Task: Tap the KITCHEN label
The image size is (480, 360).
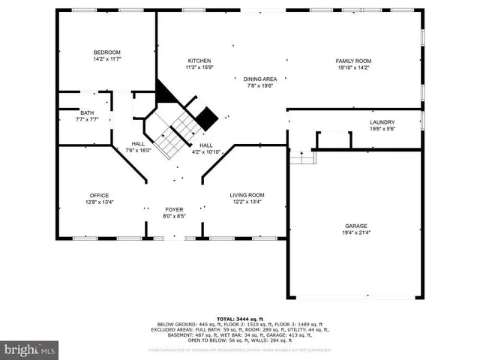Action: [199, 61]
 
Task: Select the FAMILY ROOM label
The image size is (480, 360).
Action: [353, 61]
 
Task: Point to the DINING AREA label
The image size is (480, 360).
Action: [260, 79]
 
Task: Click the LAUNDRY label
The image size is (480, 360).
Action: [382, 122]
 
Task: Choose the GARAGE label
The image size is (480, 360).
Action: [355, 225]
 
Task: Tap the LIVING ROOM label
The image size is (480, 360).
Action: [247, 195]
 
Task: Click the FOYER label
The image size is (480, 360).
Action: [174, 209]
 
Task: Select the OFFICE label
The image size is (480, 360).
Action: [100, 195]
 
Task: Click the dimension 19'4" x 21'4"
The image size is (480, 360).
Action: [355, 232]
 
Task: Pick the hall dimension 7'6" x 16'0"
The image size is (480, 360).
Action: [138, 150]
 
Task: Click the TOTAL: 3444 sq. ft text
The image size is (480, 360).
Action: [239, 319]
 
